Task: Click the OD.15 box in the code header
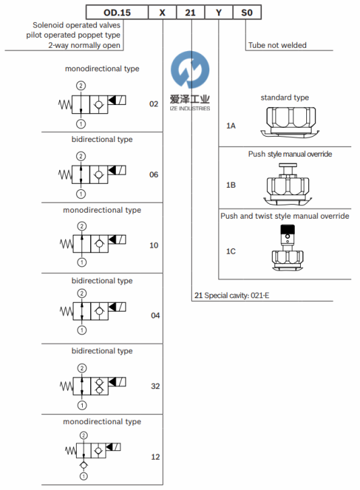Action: [117, 13]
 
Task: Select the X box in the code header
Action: [162, 13]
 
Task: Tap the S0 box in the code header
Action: [247, 13]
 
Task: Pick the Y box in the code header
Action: [219, 13]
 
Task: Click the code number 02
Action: [153, 104]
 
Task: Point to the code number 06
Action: [153, 174]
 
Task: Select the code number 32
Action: [155, 386]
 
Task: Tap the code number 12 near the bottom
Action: [155, 457]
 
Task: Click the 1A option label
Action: [231, 126]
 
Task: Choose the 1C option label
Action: [231, 251]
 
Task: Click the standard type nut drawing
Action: [290, 121]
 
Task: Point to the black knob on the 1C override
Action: [287, 229]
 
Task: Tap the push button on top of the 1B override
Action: [288, 166]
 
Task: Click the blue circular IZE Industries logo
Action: [190, 69]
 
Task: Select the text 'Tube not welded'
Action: [277, 45]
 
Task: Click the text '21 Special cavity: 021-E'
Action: [231, 295]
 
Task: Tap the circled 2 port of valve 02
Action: [81, 85]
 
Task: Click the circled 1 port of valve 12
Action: [83, 477]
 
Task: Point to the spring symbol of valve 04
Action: [66, 311]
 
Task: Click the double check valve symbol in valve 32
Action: [100, 386]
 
